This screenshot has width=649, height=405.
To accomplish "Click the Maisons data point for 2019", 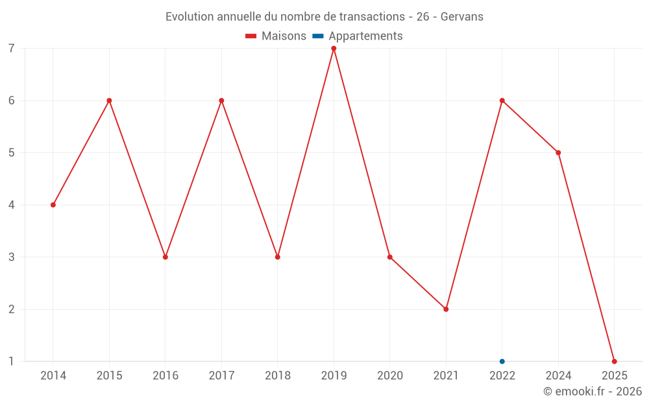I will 334,49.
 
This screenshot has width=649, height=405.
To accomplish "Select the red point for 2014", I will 53,205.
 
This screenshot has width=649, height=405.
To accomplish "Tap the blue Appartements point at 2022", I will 502,362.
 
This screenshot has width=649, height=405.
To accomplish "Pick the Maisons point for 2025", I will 615,362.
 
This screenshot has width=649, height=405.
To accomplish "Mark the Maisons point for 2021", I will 446,309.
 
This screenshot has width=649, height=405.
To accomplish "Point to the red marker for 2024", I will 558,153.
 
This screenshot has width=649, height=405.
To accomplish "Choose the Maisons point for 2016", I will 165,257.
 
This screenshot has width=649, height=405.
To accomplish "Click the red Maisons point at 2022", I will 502,100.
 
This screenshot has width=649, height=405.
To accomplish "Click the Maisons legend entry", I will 276,36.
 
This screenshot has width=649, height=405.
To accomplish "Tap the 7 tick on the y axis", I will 12,49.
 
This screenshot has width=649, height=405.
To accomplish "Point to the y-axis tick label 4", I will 12,205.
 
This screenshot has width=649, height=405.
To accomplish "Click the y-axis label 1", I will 12,362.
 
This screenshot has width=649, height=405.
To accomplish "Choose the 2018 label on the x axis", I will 278,376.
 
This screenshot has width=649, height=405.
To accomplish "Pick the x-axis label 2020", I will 390,376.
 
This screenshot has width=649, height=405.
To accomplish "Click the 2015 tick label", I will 109,376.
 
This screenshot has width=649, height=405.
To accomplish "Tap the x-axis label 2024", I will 558,376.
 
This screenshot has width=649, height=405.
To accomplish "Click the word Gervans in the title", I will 461,17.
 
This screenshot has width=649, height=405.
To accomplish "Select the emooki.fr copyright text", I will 593,391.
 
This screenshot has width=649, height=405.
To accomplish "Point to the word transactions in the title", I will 372,17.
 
